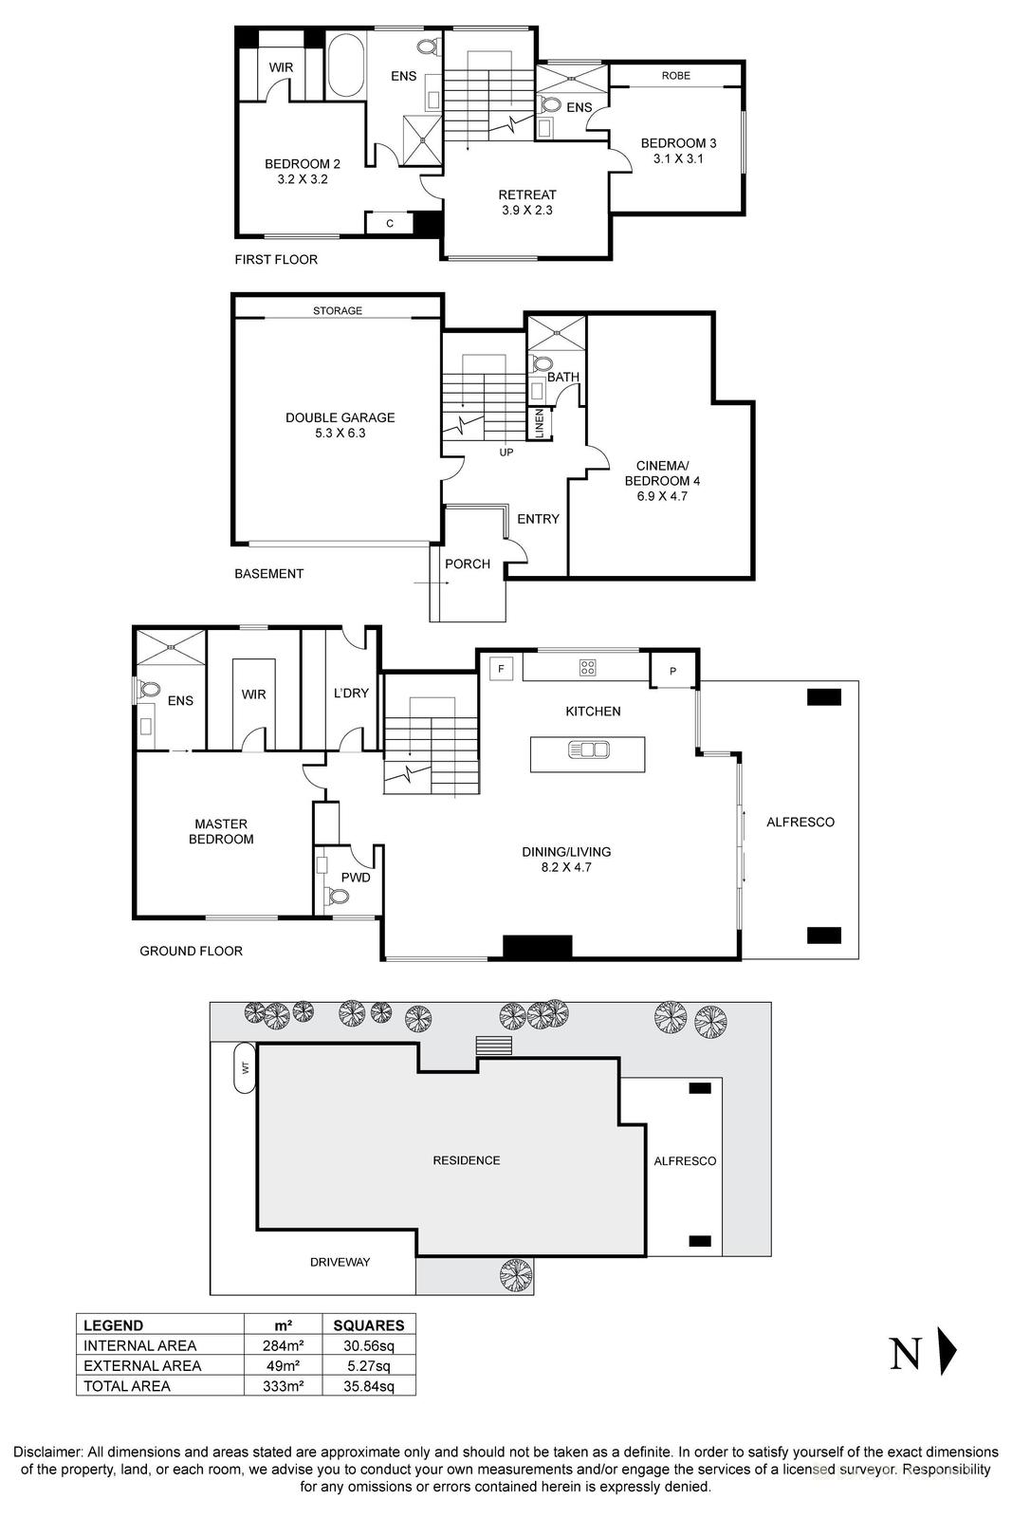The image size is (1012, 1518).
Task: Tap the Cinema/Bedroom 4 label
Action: click(662, 480)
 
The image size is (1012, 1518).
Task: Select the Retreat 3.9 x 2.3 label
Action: click(527, 202)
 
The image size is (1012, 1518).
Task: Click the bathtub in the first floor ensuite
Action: click(345, 65)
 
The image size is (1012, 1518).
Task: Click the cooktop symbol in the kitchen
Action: click(587, 667)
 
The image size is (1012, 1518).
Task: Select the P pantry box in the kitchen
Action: click(672, 671)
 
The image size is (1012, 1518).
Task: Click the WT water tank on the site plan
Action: click(245, 1067)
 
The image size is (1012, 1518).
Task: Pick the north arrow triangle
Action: click(946, 1351)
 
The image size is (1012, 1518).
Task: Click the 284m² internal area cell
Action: click(282, 1345)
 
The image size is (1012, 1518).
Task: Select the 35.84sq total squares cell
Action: click(369, 1386)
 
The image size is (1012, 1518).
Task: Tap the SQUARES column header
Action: click(369, 1325)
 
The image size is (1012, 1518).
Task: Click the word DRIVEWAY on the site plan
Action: click(340, 1262)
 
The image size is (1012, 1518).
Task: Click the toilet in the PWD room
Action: click(334, 896)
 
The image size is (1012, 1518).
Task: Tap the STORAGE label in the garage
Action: click(338, 310)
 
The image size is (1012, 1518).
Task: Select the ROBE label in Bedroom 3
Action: click(675, 75)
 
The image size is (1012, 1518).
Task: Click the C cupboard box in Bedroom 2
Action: click(390, 224)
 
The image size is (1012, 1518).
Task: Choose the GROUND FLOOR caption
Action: click(191, 951)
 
